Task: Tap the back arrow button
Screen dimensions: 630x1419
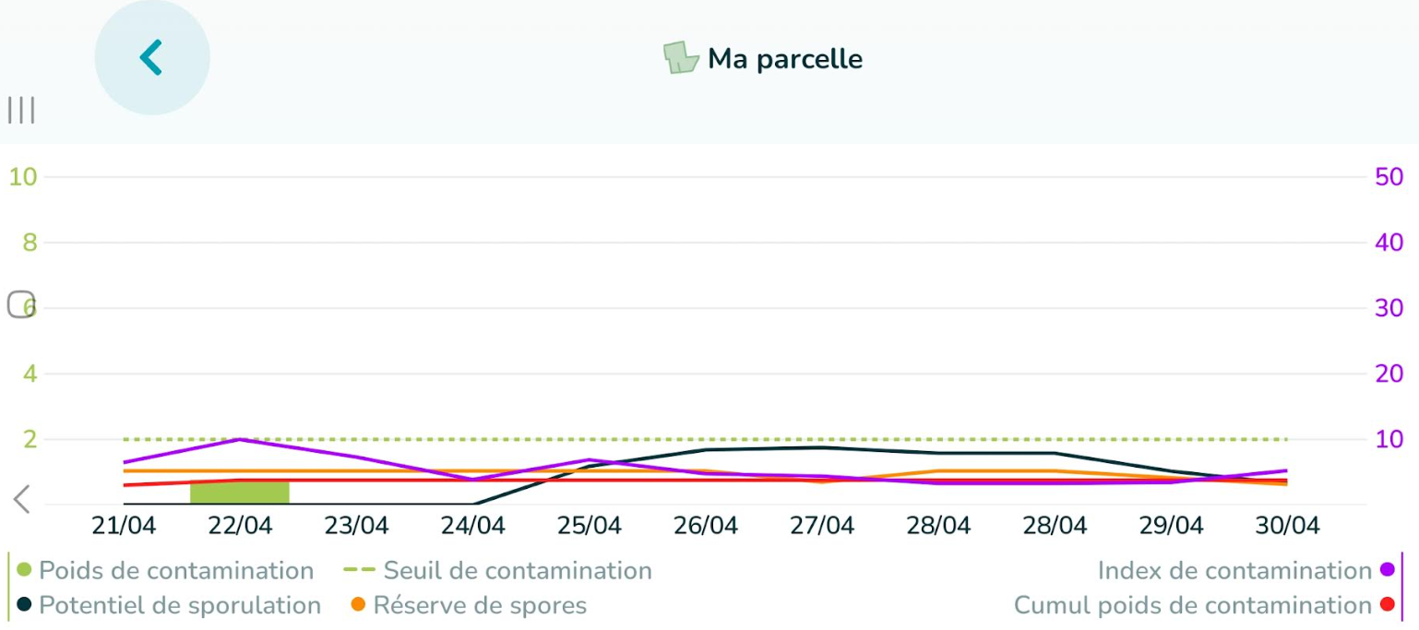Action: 152,57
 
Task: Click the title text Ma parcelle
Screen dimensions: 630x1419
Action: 784,59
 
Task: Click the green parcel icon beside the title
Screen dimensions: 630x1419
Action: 681,58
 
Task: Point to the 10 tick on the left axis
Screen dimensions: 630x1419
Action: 23,176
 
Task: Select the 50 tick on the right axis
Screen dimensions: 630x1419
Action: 1389,176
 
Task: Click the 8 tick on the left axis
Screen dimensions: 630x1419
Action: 29,243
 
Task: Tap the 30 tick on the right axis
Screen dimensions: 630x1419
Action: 1389,308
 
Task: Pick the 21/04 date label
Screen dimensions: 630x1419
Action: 124,526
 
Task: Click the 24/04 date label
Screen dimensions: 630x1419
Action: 472,526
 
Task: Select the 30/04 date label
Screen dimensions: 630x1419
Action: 1287,526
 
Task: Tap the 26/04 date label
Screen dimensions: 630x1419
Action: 705,526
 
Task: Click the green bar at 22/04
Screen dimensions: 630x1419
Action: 239,492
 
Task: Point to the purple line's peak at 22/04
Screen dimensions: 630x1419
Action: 240,439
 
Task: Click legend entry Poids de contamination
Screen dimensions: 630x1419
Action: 166,571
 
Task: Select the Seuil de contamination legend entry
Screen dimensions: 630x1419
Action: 498,571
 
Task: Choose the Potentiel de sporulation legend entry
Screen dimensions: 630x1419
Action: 170,606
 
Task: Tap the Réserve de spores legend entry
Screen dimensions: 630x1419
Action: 469,606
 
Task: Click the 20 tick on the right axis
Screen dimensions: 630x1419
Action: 1389,374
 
